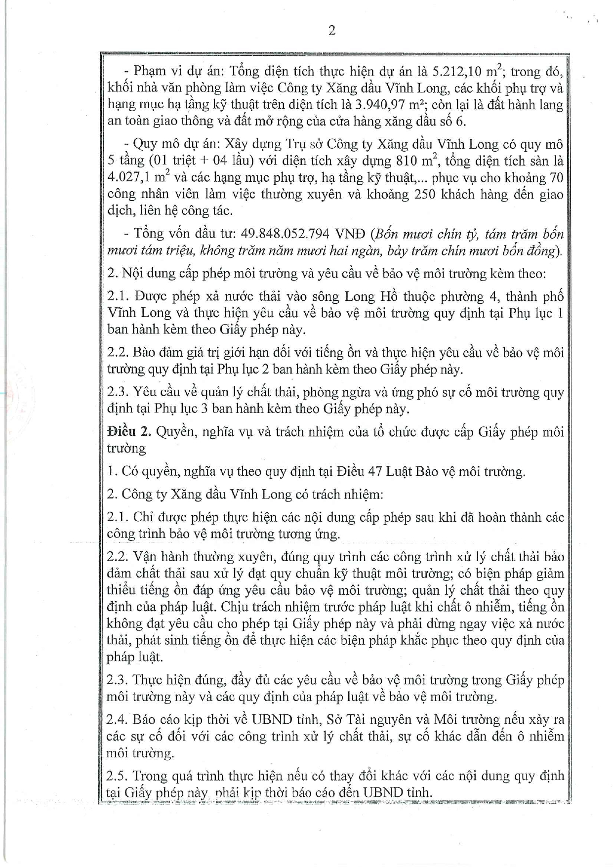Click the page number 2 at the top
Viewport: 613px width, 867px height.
(331, 31)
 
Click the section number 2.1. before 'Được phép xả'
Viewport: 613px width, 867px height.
(118, 296)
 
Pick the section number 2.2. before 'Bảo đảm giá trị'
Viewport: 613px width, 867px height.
(118, 352)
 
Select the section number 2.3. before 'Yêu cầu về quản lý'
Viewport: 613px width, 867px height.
(118, 392)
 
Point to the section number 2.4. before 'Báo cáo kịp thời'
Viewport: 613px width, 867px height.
(118, 719)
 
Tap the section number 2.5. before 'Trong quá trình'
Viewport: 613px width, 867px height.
(118, 776)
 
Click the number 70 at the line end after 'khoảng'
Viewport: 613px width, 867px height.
(556, 178)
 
